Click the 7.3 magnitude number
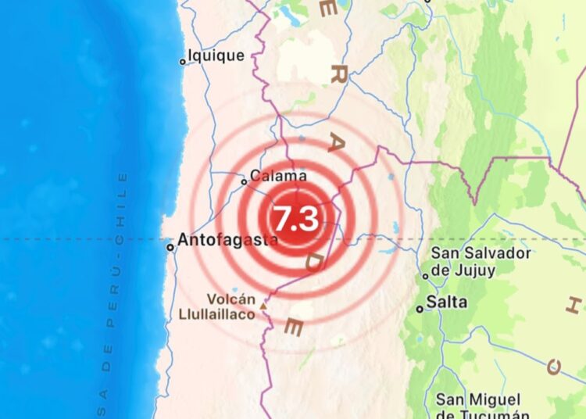click(295, 219)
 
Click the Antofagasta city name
click(227, 241)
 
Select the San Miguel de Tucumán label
click(483, 407)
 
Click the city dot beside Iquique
click(183, 61)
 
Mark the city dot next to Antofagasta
click(170, 247)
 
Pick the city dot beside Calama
click(244, 182)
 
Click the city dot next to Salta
click(420, 309)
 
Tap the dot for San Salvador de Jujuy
click(426, 275)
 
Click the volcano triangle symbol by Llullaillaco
click(263, 306)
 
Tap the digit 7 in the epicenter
click(281, 219)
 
